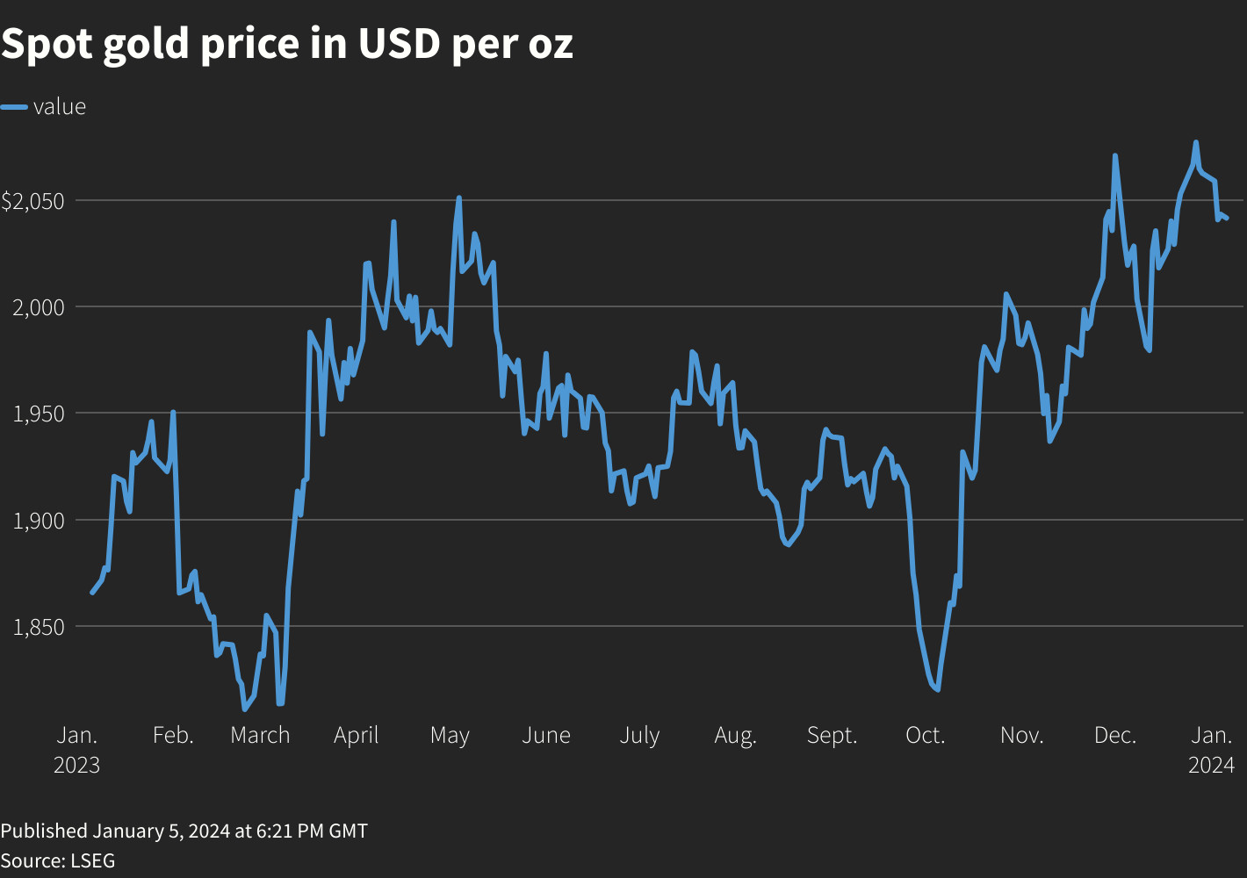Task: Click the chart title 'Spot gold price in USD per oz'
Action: [286, 45]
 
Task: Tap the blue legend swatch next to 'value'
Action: [14, 107]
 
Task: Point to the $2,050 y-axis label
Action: [32, 201]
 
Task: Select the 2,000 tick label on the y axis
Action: [39, 307]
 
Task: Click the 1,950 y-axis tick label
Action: [39, 414]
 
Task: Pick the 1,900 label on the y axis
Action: [39, 521]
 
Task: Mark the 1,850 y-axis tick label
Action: [39, 628]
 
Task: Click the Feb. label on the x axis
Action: [173, 736]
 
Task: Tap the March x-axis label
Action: [260, 736]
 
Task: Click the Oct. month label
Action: [926, 736]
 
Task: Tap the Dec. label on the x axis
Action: [1115, 736]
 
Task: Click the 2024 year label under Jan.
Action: [1211, 765]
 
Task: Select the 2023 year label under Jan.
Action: [76, 765]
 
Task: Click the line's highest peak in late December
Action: [1196, 142]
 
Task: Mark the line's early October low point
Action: [938, 690]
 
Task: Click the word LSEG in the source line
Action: [92, 860]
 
